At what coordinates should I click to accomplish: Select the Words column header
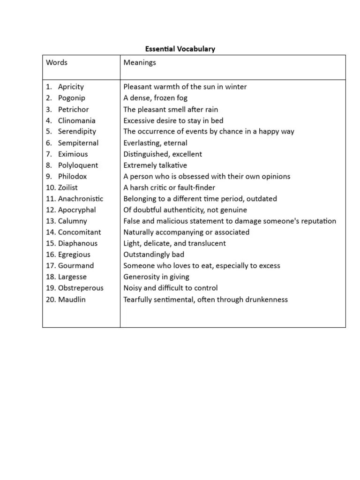(57, 62)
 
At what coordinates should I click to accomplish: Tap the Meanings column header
(140, 62)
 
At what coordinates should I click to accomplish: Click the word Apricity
(71, 87)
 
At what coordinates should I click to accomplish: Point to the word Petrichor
(73, 109)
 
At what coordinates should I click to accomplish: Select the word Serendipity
(77, 131)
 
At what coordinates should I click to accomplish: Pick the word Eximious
(73, 154)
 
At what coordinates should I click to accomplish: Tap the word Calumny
(72, 221)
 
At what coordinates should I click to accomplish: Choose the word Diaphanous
(78, 243)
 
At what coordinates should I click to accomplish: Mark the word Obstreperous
(81, 288)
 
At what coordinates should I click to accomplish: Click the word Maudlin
(72, 299)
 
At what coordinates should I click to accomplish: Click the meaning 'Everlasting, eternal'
(155, 143)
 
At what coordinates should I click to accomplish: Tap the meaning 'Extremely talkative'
(155, 165)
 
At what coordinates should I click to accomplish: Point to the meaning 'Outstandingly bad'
(154, 255)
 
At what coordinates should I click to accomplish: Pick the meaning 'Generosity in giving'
(156, 277)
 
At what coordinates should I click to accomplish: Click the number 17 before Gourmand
(51, 266)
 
